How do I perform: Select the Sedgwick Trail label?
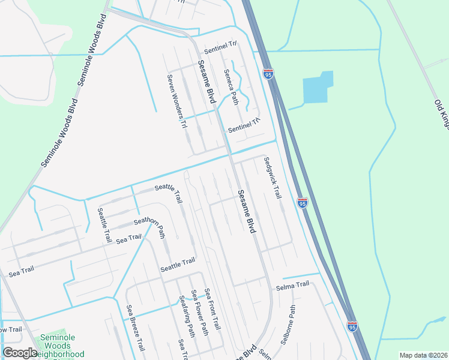[273, 178]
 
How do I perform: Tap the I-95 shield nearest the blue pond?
[268, 74]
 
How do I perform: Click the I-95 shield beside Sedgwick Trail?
[302, 203]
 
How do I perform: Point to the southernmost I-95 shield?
[352, 326]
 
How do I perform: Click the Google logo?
[19, 353]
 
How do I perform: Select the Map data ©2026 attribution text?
[423, 355]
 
